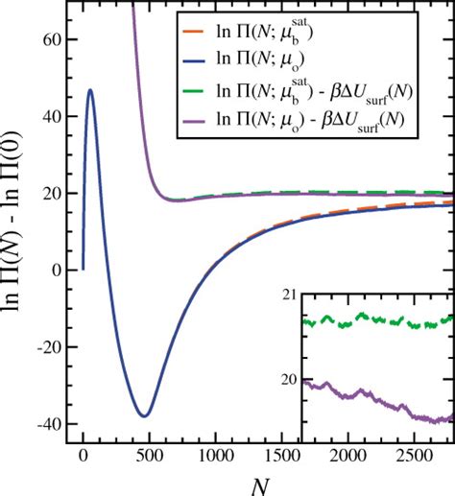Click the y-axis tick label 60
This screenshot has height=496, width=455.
pyautogui.click(x=53, y=39)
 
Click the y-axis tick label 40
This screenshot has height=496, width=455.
pyautogui.click(x=53, y=116)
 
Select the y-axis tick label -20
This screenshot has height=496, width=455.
pyautogui.click(x=48, y=346)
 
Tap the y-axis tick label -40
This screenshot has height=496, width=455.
pyautogui.click(x=48, y=423)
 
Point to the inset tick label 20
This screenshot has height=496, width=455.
pyautogui.click(x=293, y=380)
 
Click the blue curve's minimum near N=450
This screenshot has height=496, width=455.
pyautogui.click(x=143, y=415)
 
